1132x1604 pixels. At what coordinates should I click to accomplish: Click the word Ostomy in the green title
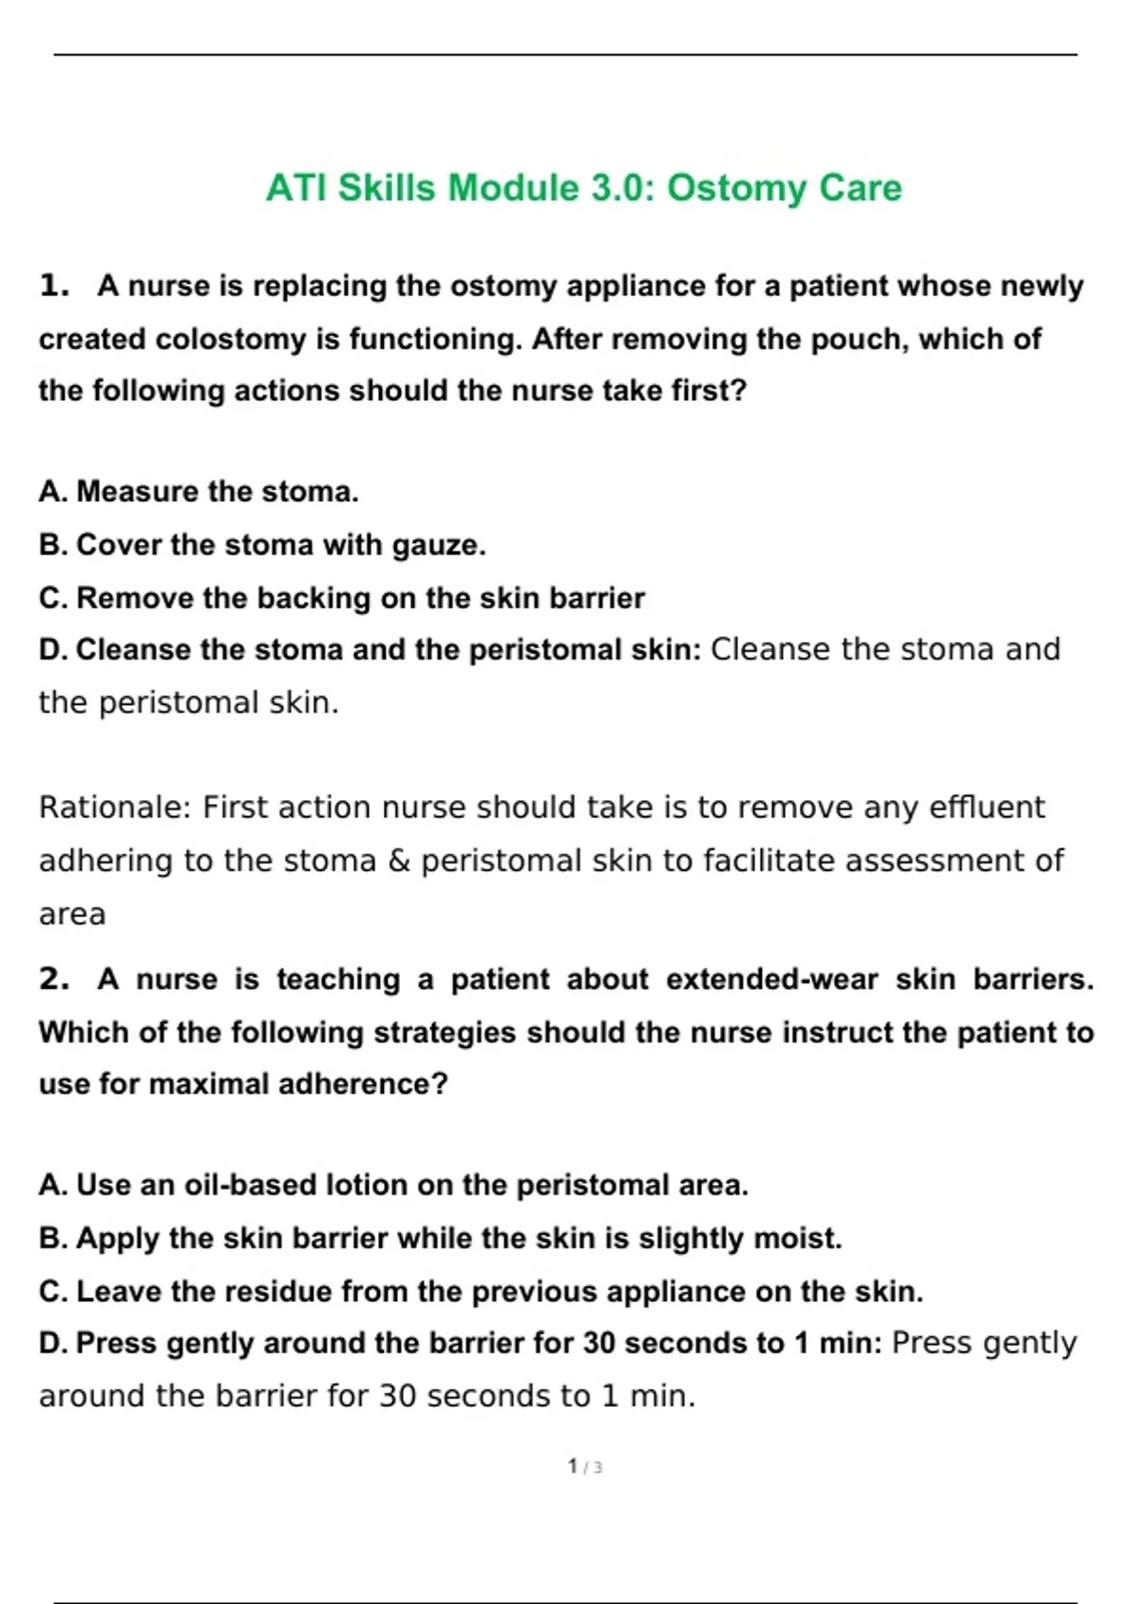click(x=737, y=188)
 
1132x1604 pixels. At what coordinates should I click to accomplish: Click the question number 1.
click(x=54, y=285)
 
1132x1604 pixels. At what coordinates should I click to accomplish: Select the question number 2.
click(x=54, y=978)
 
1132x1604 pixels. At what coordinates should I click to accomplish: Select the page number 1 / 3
click(x=585, y=1466)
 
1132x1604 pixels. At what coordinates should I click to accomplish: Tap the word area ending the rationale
click(x=72, y=913)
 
